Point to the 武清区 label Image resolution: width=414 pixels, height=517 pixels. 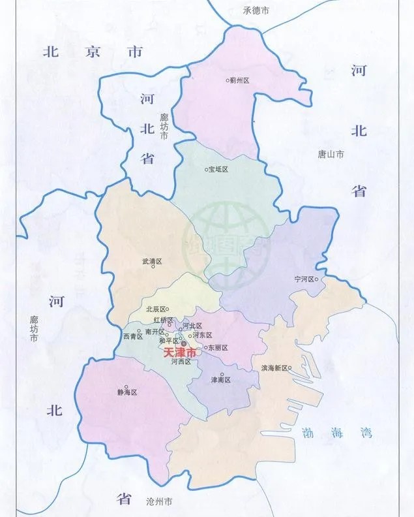click(151, 261)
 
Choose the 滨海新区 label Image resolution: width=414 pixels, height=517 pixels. click(274, 368)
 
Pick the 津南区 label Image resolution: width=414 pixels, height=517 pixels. click(220, 379)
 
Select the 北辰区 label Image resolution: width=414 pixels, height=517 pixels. click(155, 309)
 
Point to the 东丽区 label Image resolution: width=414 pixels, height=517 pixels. click(219, 347)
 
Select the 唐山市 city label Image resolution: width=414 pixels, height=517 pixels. click(331, 155)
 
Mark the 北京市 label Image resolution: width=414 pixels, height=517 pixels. click(93, 52)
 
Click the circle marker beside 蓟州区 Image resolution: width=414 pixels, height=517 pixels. click(228, 80)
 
